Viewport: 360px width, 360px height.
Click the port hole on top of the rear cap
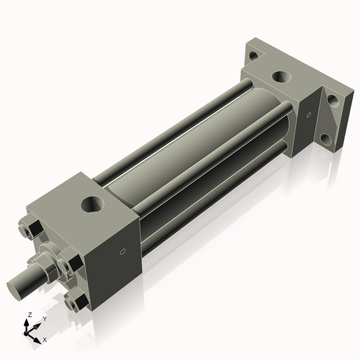[279, 76]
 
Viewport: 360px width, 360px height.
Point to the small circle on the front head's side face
[122, 252]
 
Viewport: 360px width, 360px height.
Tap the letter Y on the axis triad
[44, 318]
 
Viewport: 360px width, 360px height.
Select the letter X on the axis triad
[45, 338]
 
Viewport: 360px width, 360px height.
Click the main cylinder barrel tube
[180, 151]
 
